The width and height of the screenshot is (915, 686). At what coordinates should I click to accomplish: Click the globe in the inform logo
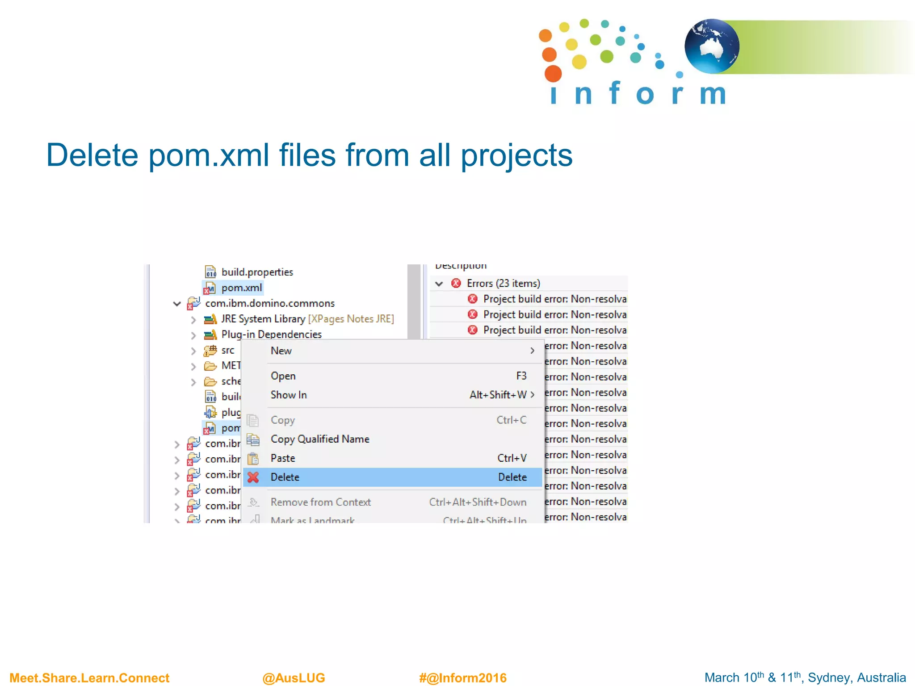pyautogui.click(x=712, y=46)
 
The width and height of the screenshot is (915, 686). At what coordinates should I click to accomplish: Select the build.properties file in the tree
pyautogui.click(x=257, y=272)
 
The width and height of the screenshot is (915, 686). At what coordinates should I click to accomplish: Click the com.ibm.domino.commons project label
pyautogui.click(x=269, y=303)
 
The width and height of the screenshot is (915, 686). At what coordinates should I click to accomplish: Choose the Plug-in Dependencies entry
pyautogui.click(x=271, y=335)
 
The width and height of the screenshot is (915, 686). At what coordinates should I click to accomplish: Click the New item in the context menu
pyautogui.click(x=281, y=351)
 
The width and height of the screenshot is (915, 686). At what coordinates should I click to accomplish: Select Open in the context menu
pyautogui.click(x=283, y=376)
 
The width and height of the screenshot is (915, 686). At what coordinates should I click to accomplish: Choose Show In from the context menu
pyautogui.click(x=289, y=395)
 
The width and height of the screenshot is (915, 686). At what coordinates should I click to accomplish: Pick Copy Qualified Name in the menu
pyautogui.click(x=320, y=439)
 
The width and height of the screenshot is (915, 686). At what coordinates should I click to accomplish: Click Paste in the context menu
pyautogui.click(x=283, y=458)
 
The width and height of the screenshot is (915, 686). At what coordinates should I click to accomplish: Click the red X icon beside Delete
pyautogui.click(x=253, y=477)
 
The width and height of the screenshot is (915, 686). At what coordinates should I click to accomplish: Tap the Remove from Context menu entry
pyautogui.click(x=320, y=502)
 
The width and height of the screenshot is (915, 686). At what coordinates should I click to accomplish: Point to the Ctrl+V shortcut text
pyautogui.click(x=512, y=458)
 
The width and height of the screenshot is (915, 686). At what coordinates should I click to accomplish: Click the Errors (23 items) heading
pyautogui.click(x=503, y=284)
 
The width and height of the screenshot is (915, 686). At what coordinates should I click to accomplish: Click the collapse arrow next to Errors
pyautogui.click(x=439, y=284)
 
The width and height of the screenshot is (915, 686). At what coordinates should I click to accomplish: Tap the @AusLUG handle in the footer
pyautogui.click(x=294, y=678)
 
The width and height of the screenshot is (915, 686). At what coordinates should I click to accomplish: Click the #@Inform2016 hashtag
pyautogui.click(x=462, y=678)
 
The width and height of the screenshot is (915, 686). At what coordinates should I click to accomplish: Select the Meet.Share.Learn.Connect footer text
pyautogui.click(x=89, y=678)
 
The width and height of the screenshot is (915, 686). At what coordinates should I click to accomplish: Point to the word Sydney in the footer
pyautogui.click(x=827, y=678)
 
